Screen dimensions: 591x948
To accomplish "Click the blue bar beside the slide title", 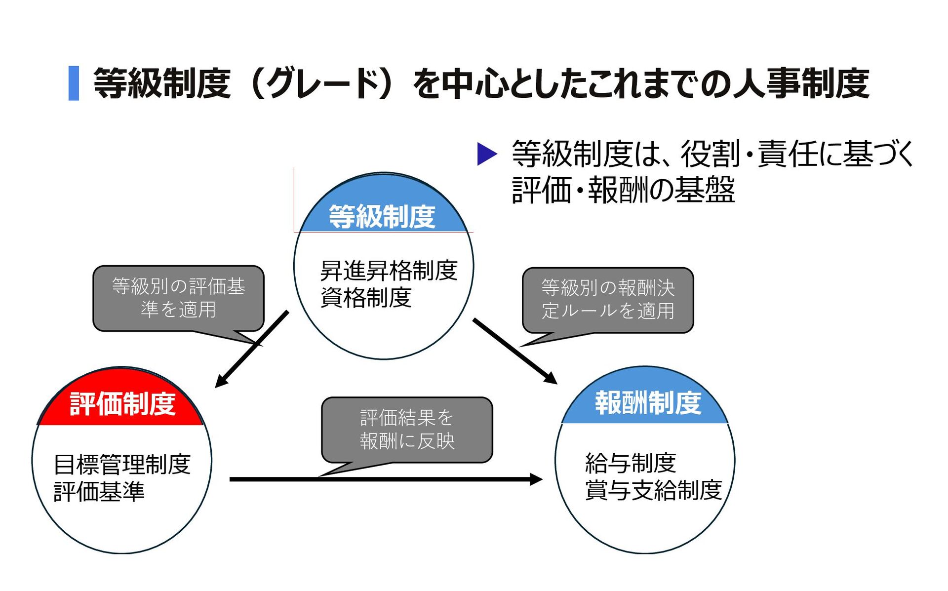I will pyautogui.click(x=74, y=83).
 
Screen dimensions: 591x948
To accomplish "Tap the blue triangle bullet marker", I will pyautogui.click(x=486, y=154).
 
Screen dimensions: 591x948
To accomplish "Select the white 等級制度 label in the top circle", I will pyautogui.click(x=382, y=217).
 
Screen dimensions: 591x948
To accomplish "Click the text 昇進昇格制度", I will pyautogui.click(x=389, y=271).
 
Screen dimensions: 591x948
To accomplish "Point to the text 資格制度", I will pyautogui.click(x=366, y=298).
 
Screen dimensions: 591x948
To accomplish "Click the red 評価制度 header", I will pyautogui.click(x=122, y=404).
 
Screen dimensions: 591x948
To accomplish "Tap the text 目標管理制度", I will pyautogui.click(x=122, y=465).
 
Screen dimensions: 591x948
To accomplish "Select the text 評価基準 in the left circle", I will pyautogui.click(x=99, y=492).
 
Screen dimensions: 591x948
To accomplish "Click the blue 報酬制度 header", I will pyautogui.click(x=647, y=403).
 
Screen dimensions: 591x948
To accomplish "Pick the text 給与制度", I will pyautogui.click(x=631, y=463).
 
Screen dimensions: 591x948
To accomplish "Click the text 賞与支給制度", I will pyautogui.click(x=653, y=490).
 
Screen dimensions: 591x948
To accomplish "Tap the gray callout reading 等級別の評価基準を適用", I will pyautogui.click(x=178, y=298).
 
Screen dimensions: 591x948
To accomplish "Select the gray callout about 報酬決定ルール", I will pyautogui.click(x=608, y=300).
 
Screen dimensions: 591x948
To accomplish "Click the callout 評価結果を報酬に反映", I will pyautogui.click(x=407, y=430).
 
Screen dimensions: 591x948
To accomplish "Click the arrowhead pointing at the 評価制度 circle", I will pyautogui.click(x=220, y=382).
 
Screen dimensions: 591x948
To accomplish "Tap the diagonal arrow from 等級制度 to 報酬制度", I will pyautogui.click(x=513, y=350).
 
